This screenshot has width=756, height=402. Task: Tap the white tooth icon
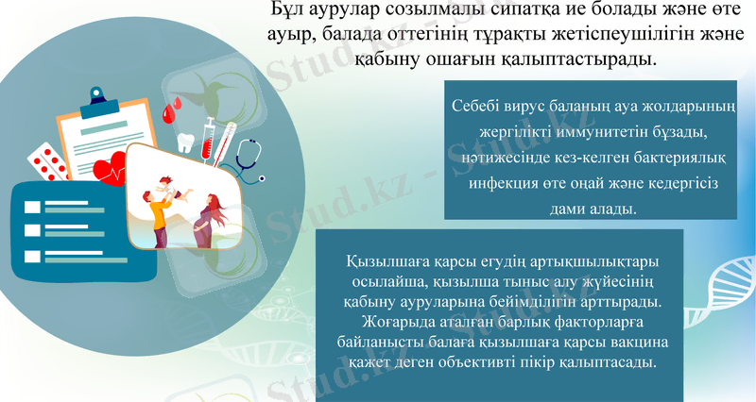tap(185, 142)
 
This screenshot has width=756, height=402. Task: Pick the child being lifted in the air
tap(167, 188)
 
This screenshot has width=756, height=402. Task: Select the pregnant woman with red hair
tap(209, 217)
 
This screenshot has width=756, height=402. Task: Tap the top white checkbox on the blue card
tap(31, 208)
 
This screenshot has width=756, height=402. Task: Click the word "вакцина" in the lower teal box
tap(636, 341)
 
